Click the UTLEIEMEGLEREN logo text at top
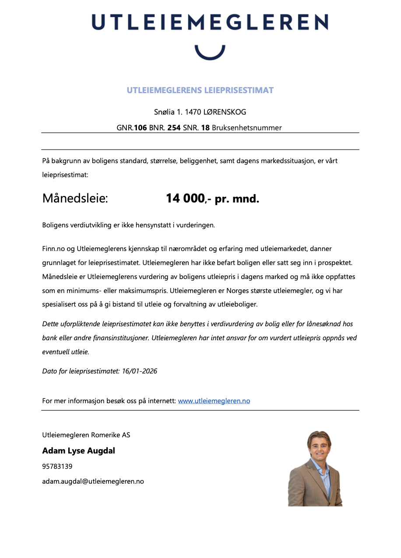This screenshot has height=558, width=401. tap(210, 22)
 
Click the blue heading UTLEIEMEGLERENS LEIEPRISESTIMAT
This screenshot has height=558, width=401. tap(200, 91)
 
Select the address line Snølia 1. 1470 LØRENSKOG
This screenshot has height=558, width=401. tap(200, 112)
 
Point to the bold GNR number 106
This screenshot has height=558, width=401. tap(140, 128)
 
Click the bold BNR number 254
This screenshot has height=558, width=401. tap(174, 128)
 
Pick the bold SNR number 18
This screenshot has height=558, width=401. tap(205, 128)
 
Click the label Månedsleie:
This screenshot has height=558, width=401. tap(75, 199)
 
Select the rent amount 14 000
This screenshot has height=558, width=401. tap(185, 199)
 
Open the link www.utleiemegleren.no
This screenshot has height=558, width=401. tap(214, 401)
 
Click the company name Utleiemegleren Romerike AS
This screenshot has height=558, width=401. tap(86, 435)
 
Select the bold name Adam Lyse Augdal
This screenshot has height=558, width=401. tap(78, 450)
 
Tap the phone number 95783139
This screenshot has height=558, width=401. tap(57, 466)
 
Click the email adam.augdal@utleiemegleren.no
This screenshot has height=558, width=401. tap(93, 481)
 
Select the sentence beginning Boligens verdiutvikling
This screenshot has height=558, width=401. tap(129, 225)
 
